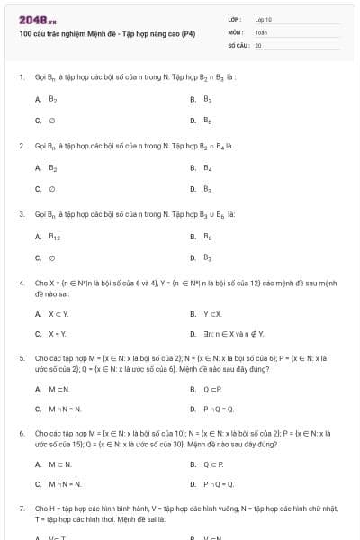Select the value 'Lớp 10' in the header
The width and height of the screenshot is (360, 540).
coord(264,19)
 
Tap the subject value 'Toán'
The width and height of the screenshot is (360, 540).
coord(261,31)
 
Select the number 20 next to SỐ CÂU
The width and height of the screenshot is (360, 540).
coord(258,44)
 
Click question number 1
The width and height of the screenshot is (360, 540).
coord(21,77)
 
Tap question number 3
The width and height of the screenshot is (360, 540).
coord(21,214)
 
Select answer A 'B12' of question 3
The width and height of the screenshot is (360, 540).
coord(53,236)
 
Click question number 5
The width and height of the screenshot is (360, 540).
coord(21,357)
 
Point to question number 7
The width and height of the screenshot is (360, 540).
coord(21,508)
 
